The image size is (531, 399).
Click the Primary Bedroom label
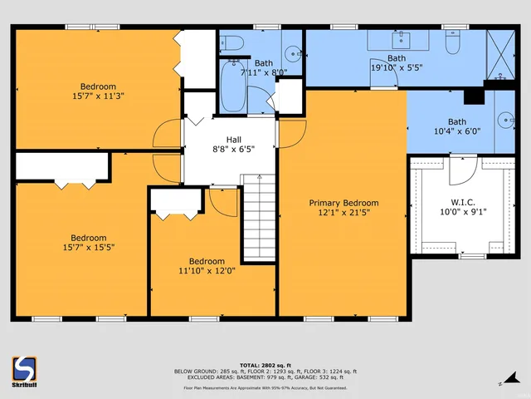point(343,203)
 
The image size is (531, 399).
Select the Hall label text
point(234,140)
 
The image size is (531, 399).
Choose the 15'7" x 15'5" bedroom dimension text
point(88,247)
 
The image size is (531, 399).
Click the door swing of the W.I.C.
point(462,170)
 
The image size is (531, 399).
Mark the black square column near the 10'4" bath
point(474,96)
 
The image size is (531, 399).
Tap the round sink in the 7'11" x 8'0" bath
point(293,53)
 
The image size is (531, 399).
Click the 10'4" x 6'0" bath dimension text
point(457,131)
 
